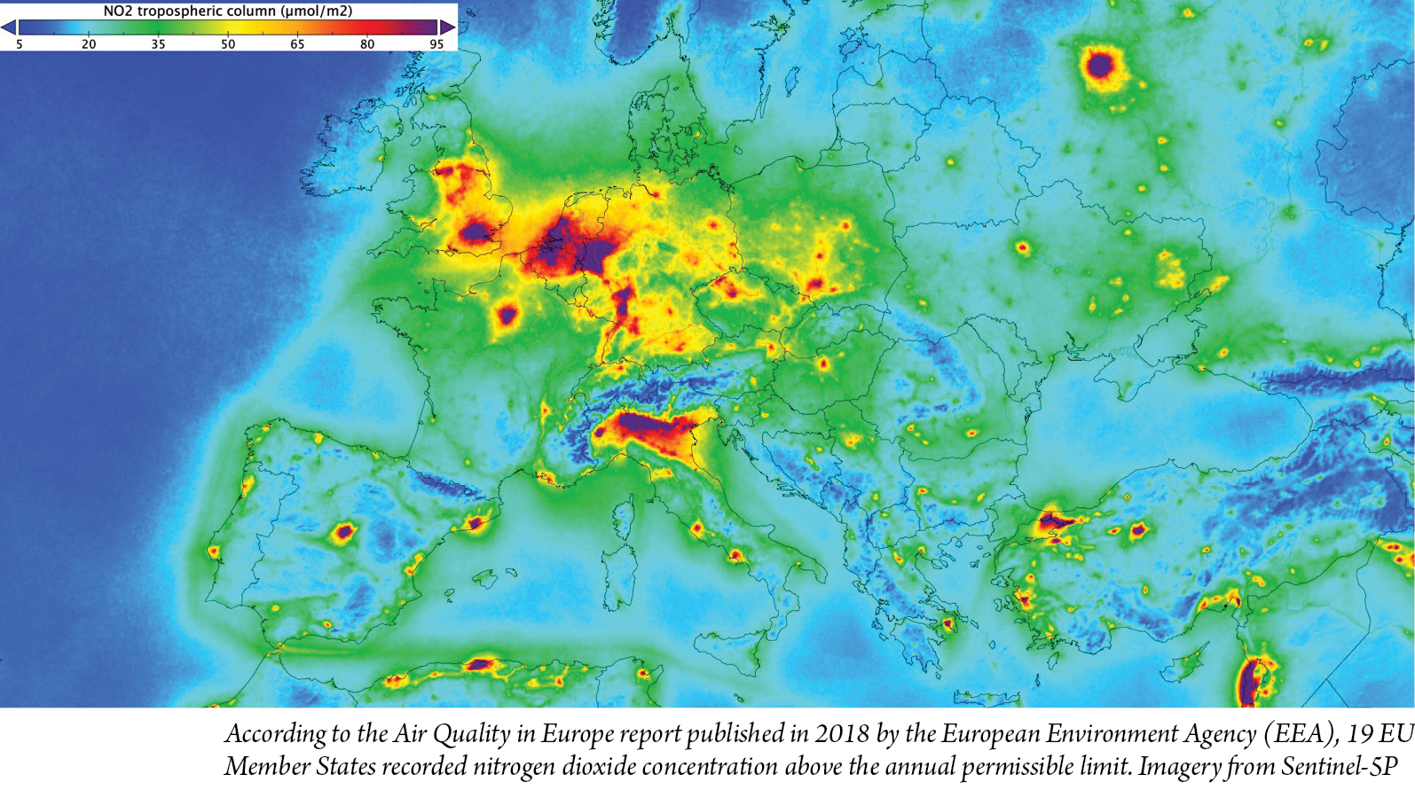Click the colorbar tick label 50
[228, 44]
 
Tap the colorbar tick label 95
[436, 44]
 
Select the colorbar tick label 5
[20, 44]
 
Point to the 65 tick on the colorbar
[297, 44]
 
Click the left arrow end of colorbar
[8, 27]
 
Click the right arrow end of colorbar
[448, 27]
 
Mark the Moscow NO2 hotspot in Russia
[1100, 65]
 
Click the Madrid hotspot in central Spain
[344, 533]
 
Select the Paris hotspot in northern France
[507, 314]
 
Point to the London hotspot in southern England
[476, 232]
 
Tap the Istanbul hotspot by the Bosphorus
[1054, 520]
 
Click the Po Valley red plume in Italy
[652, 427]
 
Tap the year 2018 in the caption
[842, 734]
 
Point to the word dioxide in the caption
[594, 766]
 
